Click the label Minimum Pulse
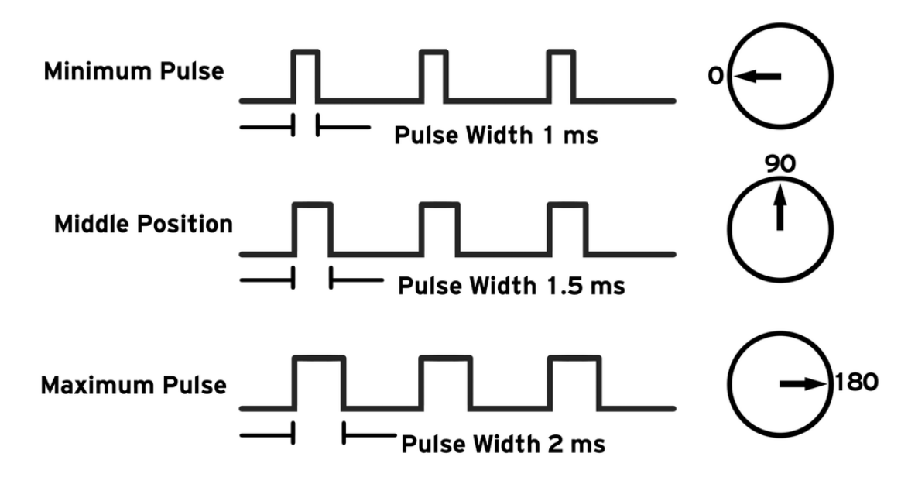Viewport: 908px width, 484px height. [134, 72]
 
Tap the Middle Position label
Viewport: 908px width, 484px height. [143, 225]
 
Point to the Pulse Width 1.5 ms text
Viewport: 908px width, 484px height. [511, 287]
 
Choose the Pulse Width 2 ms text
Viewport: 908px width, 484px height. [502, 445]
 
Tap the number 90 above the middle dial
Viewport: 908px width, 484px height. [780, 164]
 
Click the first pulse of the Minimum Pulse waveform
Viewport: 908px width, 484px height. [306, 75]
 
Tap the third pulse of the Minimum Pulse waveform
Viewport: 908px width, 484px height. [560, 75]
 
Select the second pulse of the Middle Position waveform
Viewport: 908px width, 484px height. [440, 228]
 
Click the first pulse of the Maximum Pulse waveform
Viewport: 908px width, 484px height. [318, 382]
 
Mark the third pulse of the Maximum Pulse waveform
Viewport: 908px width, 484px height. [574, 382]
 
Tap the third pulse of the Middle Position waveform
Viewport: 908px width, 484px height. [567, 228]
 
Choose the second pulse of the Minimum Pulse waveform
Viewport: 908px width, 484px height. [433, 75]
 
